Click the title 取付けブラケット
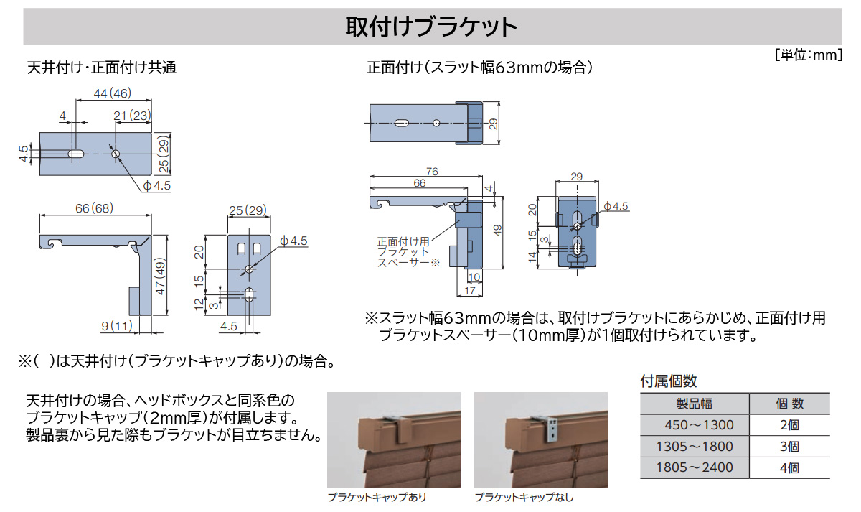pyautogui.click(x=431, y=27)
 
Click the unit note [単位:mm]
pyautogui.click(x=808, y=55)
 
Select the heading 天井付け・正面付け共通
pyautogui.click(x=101, y=68)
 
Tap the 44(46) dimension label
pyautogui.click(x=113, y=93)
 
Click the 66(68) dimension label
pyautogui.click(x=93, y=208)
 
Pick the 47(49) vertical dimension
pyautogui.click(x=161, y=275)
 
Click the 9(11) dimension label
pyautogui.click(x=118, y=326)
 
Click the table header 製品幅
pyautogui.click(x=694, y=404)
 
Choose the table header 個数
pyautogui.click(x=789, y=404)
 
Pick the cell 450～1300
pyautogui.click(x=694, y=424)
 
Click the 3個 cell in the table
pyautogui.click(x=789, y=446)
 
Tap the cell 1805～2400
pyautogui.click(x=694, y=467)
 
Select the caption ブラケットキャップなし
pyautogui.click(x=524, y=498)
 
